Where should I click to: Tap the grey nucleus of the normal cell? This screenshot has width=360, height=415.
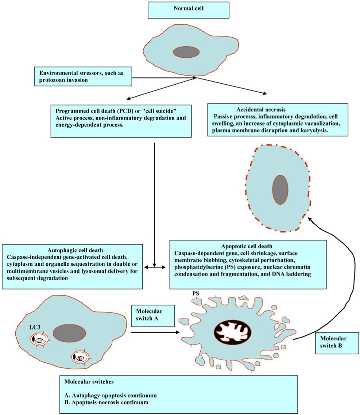186,52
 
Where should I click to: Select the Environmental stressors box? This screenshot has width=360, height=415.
83,76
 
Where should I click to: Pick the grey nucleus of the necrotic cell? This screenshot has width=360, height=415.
280,190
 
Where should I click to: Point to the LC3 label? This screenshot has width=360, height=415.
35,328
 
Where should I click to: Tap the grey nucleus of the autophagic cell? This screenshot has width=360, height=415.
69,333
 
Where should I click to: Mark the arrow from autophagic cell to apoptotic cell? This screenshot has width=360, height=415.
155,332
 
